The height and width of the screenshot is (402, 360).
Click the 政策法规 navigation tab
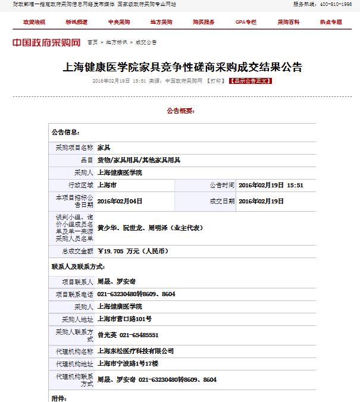(x=34, y=22)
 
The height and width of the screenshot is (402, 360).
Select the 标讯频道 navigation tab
(x=76, y=22)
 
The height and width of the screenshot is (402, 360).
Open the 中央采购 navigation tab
(x=118, y=22)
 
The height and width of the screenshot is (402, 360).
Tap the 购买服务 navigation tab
(x=204, y=22)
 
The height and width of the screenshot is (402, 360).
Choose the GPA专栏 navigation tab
(x=246, y=22)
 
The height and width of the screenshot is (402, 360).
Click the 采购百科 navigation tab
(x=289, y=22)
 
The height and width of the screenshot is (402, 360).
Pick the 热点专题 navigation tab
(x=331, y=22)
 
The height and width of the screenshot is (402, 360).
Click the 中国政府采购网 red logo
(x=46, y=43)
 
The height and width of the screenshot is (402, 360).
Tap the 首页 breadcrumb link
(x=92, y=43)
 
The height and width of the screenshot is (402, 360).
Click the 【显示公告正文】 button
(x=250, y=80)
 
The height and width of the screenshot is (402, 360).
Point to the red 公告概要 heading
(x=180, y=111)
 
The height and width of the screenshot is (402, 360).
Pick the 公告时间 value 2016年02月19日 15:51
(x=271, y=185)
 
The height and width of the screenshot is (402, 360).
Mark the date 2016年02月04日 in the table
(x=120, y=201)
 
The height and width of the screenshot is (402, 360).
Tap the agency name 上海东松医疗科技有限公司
(x=135, y=351)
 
